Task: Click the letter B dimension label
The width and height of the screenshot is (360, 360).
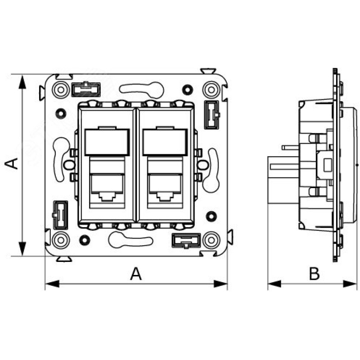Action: (x=314, y=274)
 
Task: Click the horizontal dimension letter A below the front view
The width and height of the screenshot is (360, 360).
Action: (x=136, y=274)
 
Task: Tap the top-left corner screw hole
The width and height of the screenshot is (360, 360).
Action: (x=61, y=90)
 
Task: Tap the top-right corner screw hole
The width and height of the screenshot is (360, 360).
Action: (x=211, y=90)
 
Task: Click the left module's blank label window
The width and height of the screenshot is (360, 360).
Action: (x=107, y=142)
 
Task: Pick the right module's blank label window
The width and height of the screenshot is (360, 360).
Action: (x=165, y=142)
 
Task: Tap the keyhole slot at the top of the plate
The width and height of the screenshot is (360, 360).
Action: (x=142, y=89)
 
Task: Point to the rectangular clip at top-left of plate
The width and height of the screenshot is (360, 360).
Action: (x=86, y=89)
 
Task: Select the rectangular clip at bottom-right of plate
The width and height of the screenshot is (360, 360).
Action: (x=186, y=240)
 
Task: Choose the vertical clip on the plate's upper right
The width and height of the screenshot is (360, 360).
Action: (x=212, y=115)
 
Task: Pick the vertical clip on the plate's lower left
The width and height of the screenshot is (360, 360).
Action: (x=60, y=215)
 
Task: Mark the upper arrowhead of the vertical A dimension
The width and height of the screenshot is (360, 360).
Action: (x=22, y=82)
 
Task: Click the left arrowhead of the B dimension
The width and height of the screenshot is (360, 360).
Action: (x=274, y=284)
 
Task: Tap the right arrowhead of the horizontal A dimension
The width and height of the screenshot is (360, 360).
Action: (x=220, y=284)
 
